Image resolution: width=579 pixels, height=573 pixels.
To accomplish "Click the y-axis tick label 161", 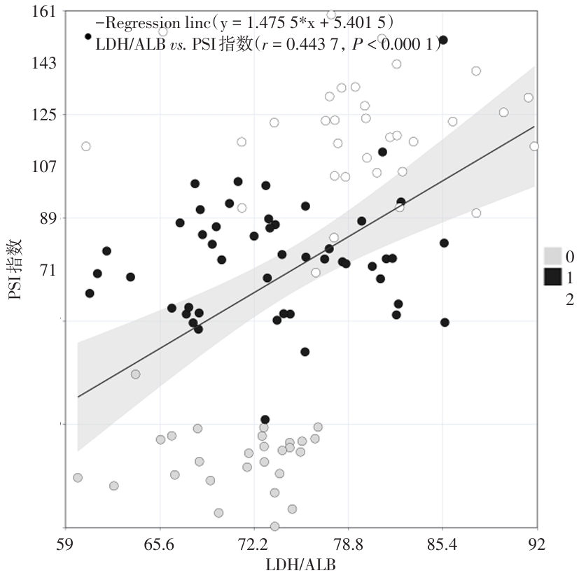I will click(x=43, y=13).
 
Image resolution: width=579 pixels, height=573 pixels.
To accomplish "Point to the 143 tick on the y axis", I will click(x=43, y=64).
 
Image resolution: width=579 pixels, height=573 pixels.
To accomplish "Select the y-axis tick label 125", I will click(x=43, y=115).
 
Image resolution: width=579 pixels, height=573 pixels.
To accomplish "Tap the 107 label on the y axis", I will click(x=43, y=167).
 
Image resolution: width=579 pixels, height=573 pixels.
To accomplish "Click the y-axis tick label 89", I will click(x=48, y=218).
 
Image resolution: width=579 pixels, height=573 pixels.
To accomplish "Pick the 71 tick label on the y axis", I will click(x=48, y=270).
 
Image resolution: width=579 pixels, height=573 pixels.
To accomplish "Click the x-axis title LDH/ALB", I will click(x=300, y=563).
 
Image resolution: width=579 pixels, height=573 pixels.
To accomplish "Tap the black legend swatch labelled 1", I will click(x=552, y=277).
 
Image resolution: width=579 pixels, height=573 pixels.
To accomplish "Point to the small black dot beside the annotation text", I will click(x=88, y=36).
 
